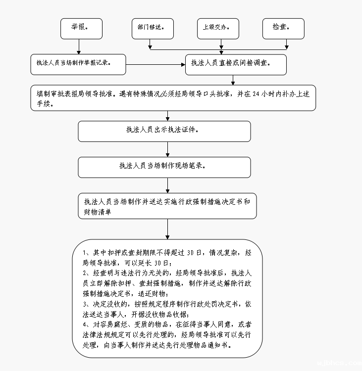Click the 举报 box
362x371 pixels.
point(81,29)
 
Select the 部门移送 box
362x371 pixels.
point(153,29)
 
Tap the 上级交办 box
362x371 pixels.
point(218,29)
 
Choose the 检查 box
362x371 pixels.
point(283,29)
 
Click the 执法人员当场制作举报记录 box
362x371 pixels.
point(78,64)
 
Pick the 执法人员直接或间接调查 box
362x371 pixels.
point(236,64)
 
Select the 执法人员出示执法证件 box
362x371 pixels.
point(164,131)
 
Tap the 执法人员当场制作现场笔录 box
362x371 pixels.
point(164,167)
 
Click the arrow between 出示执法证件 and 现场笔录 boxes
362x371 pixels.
point(168,149)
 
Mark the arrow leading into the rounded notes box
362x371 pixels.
point(168,229)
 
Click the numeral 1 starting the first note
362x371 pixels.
point(85,253)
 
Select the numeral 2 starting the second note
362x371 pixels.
point(85,273)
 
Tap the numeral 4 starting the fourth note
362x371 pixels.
point(85,325)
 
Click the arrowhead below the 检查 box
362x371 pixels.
point(286,47)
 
